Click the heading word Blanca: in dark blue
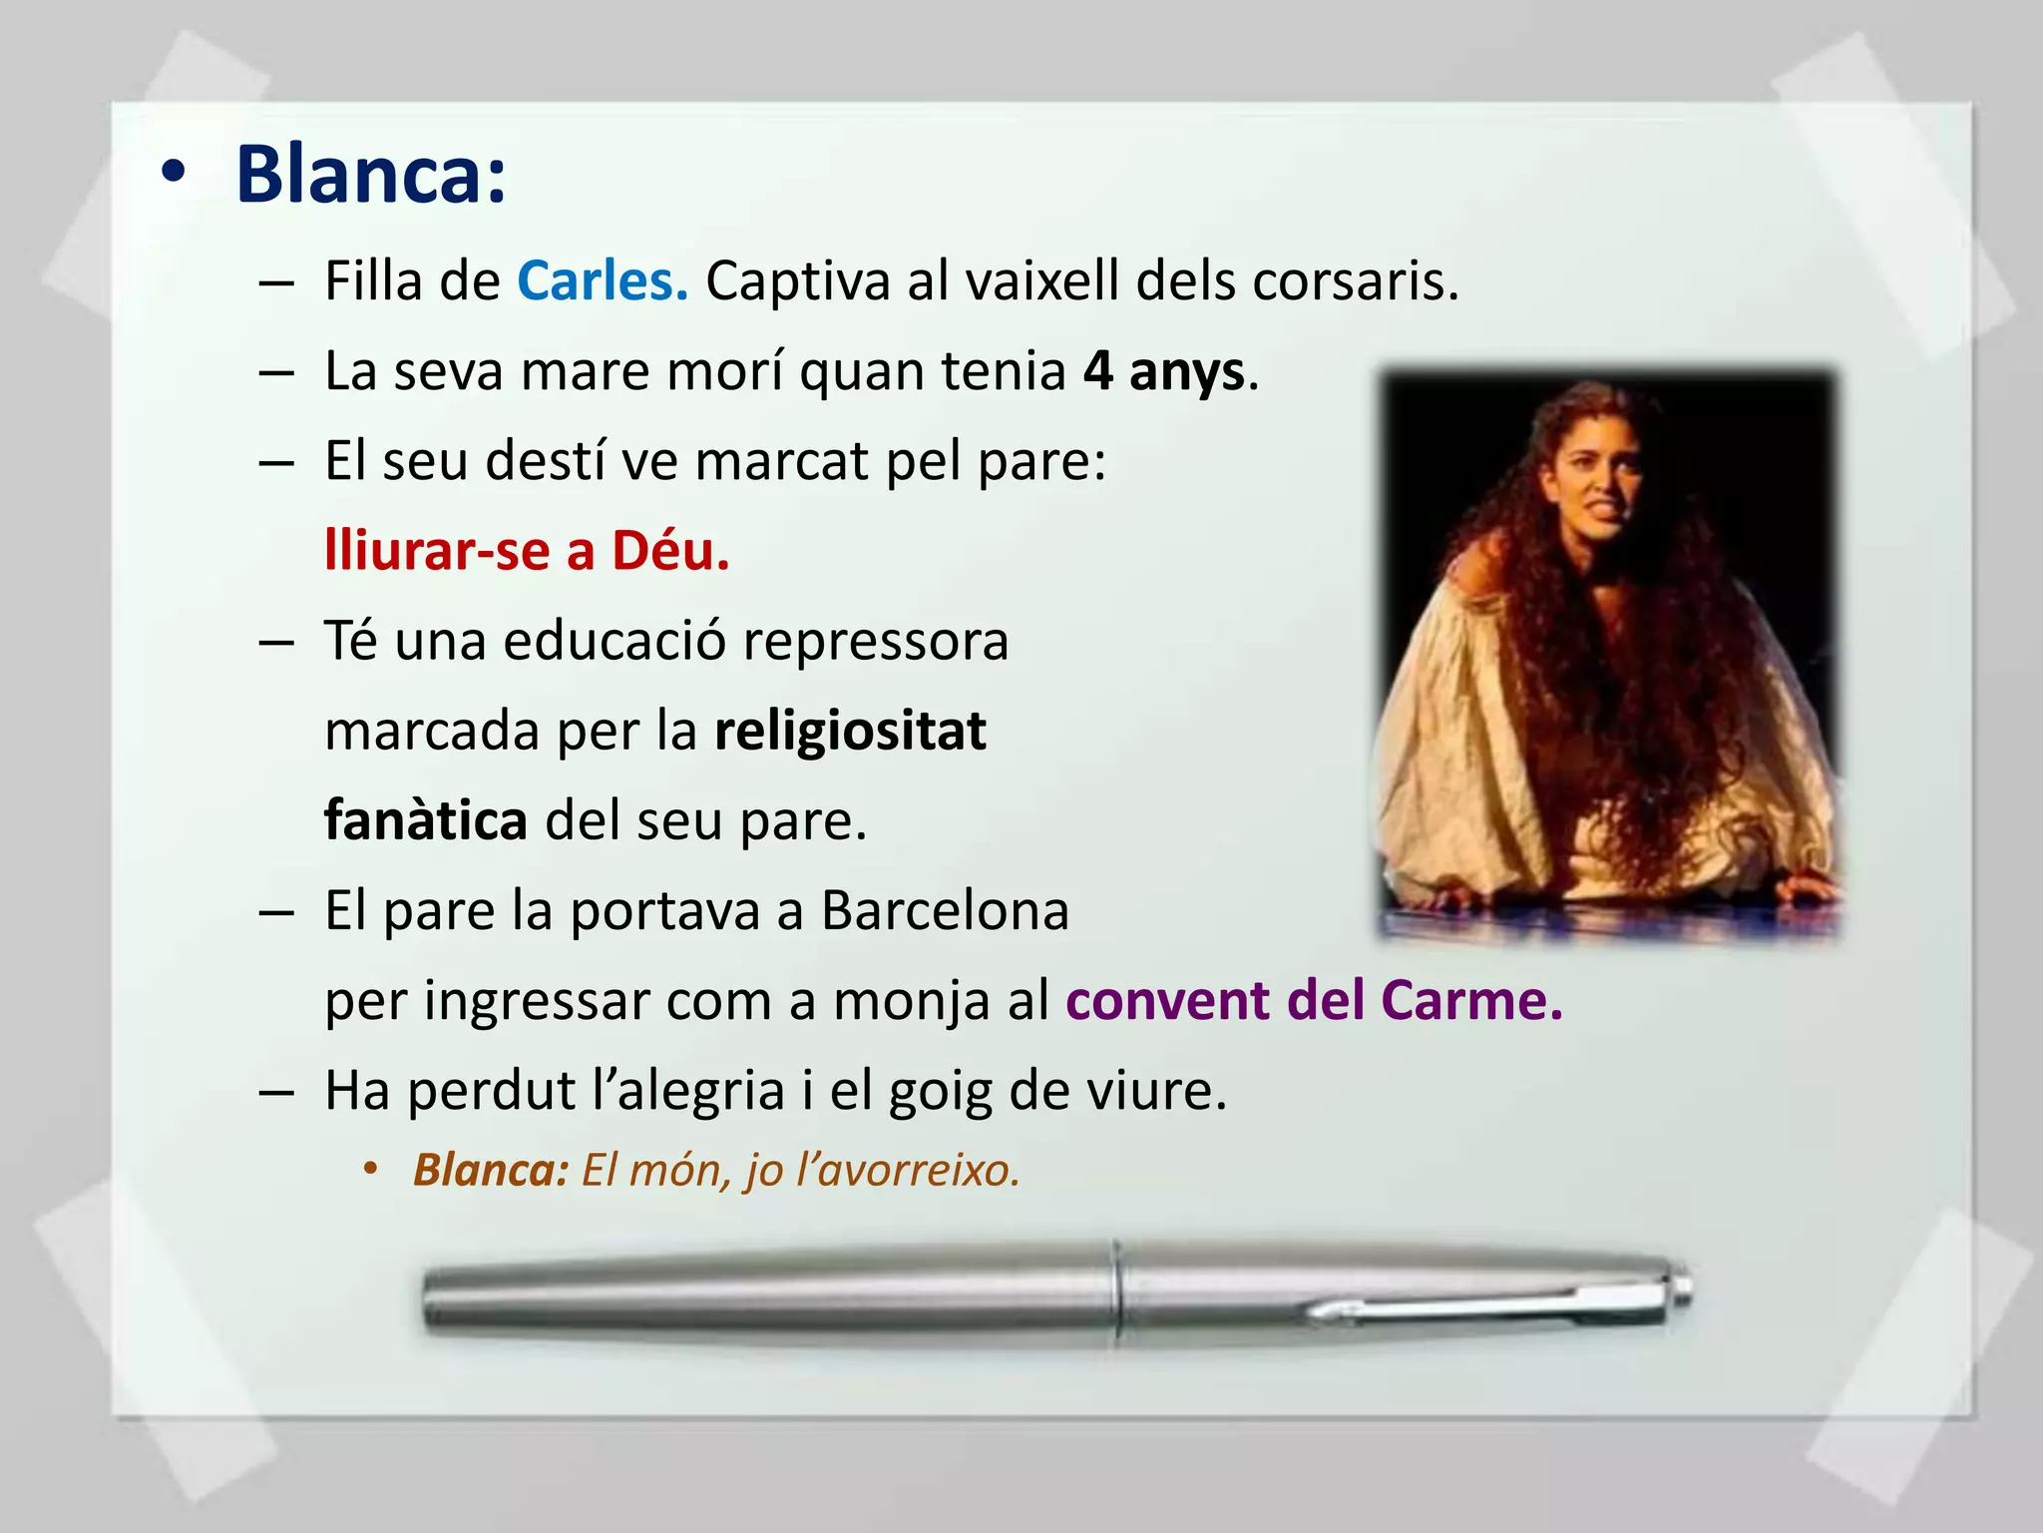[x=371, y=176]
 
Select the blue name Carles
[x=602, y=281]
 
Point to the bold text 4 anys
[x=1164, y=371]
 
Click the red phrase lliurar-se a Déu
[x=527, y=551]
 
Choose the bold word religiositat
[x=850, y=731]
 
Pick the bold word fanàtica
[x=426, y=820]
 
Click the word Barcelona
[x=945, y=910]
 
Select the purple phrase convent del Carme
[x=1314, y=1000]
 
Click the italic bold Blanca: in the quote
[x=491, y=1170]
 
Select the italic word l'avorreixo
[x=908, y=1170]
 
